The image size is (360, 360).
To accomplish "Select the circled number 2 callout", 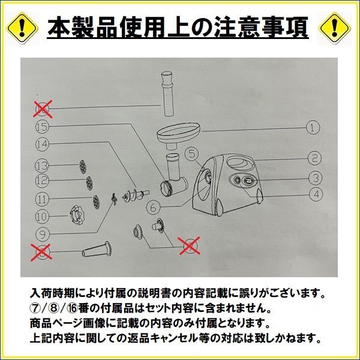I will point(314,159).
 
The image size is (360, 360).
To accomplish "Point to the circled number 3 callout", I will point(314,178).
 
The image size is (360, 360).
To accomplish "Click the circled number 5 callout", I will point(191,154).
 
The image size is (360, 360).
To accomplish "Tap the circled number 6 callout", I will point(153,207).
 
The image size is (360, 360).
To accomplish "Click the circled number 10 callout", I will point(41,215).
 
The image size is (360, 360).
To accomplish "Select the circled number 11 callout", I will point(41,197).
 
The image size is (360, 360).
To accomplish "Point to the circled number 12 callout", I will point(41,181).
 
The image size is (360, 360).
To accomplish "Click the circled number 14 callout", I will point(41,144).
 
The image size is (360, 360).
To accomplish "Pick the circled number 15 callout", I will point(41,127).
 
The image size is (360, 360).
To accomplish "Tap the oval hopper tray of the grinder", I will point(178,131).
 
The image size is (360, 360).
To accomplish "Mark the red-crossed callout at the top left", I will point(42,109).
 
